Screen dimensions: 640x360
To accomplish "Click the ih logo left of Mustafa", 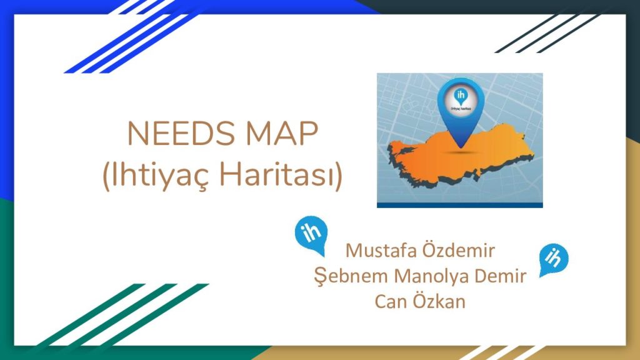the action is [x=312, y=234].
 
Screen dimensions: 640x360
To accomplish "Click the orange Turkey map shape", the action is [x=461, y=157].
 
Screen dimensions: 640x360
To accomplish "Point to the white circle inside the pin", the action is [x=461, y=101].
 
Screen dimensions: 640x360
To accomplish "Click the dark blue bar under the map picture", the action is [x=459, y=205].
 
